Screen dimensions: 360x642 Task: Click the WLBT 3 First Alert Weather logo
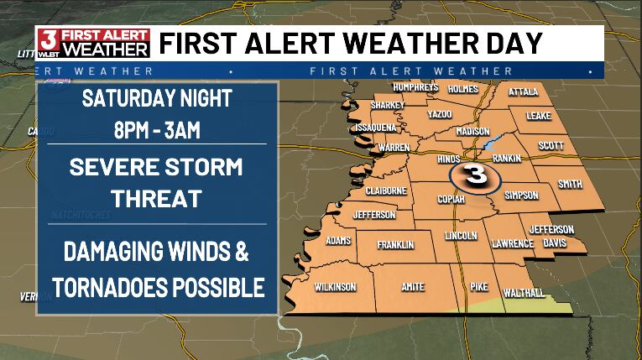[x=93, y=42]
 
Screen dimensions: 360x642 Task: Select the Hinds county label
[x=450, y=159]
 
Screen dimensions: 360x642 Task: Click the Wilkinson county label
[x=335, y=287]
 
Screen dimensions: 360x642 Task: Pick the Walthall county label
[x=523, y=292]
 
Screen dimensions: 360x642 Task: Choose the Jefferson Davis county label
[x=551, y=235]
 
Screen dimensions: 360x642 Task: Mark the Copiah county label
[x=451, y=199]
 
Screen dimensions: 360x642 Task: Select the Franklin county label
[x=395, y=245]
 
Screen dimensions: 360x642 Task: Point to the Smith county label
[x=570, y=184]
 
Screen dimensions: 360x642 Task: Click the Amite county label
[x=412, y=287]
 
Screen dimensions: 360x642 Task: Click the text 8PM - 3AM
[x=159, y=131]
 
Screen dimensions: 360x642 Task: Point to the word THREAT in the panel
[x=159, y=198]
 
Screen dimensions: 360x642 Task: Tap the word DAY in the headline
[x=516, y=42]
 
